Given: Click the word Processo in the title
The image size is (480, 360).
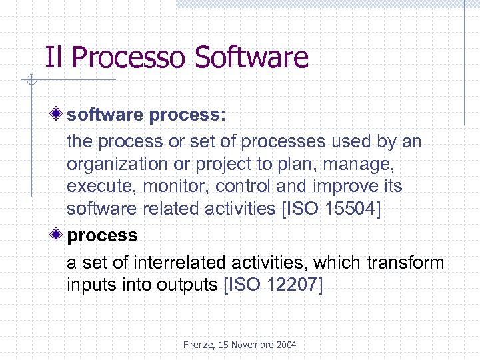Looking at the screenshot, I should (129, 58).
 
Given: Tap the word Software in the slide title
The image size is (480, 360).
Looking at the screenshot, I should (252, 57).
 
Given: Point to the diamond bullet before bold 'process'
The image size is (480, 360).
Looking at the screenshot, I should (59, 235).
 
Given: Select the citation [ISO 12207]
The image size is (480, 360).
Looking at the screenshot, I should (273, 285).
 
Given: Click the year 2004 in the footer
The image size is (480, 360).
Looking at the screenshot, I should (285, 345).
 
